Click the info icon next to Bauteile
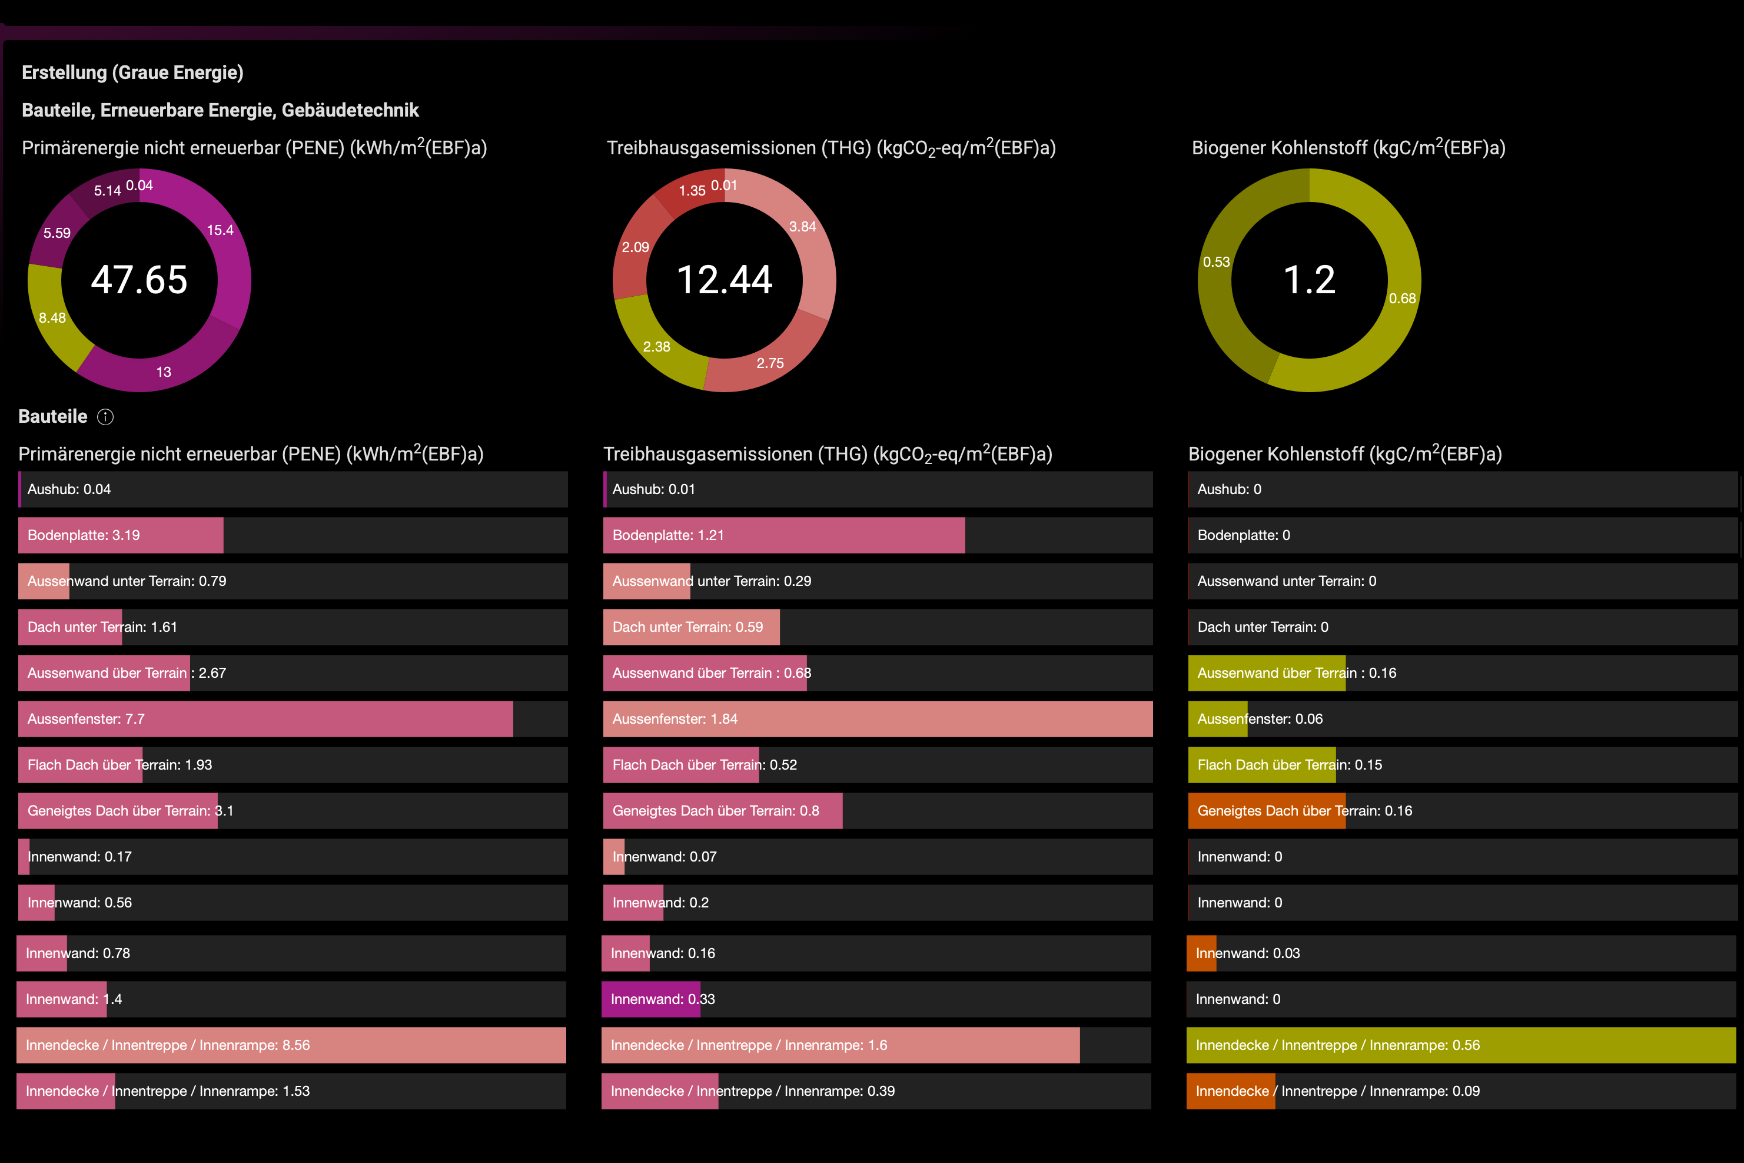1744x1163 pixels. (x=105, y=417)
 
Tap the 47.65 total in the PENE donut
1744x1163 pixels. (x=139, y=280)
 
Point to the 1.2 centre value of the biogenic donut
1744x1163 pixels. (x=1309, y=280)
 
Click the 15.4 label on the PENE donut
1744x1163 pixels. (x=220, y=230)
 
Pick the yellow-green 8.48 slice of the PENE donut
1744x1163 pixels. (x=55, y=315)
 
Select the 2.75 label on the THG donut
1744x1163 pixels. (x=770, y=363)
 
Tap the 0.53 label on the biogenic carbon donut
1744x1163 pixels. (x=1216, y=262)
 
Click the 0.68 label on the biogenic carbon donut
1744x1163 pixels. (x=1402, y=298)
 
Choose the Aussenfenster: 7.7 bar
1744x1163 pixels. (x=265, y=719)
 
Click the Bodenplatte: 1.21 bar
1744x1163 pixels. (x=784, y=535)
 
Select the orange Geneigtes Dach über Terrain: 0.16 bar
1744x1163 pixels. (x=1267, y=811)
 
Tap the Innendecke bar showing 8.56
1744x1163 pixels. (x=291, y=1045)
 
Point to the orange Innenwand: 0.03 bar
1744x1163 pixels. (x=1201, y=953)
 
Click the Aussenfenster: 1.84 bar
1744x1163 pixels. (x=878, y=719)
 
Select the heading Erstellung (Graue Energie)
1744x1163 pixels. (x=132, y=72)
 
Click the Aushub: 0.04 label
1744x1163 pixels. (x=69, y=489)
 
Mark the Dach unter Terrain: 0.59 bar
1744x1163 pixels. (x=692, y=627)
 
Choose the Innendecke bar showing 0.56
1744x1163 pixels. (x=1461, y=1045)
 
